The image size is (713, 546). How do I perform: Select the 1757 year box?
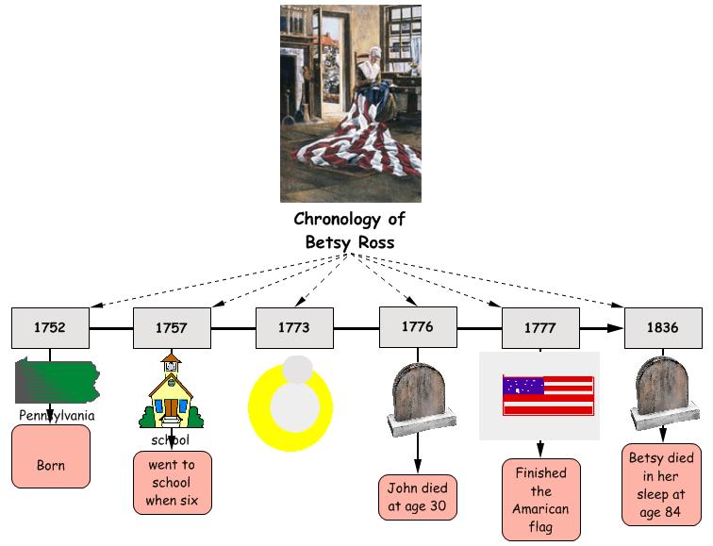pos(171,328)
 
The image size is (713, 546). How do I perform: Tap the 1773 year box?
pos(293,328)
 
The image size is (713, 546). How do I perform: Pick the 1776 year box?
pos(417,327)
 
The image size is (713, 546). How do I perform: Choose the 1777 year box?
pos(539,328)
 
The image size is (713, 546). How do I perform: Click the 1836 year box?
pos(663,328)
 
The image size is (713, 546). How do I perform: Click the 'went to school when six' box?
pos(173,483)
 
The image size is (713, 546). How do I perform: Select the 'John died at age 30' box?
pos(418,497)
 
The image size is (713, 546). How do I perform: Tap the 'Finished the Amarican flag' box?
pos(540,499)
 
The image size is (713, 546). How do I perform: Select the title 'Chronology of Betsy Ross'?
pos(350,230)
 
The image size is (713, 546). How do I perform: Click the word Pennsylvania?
pos(57,415)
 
